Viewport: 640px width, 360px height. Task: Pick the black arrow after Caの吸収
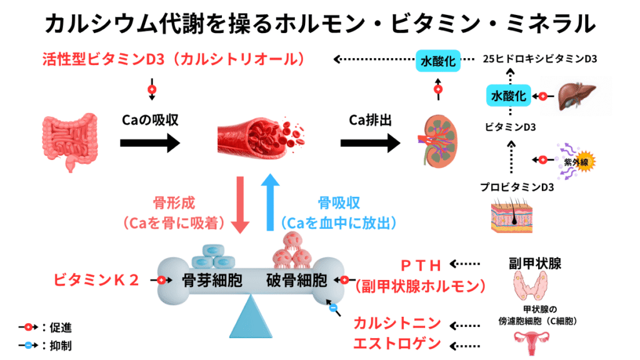[149, 142]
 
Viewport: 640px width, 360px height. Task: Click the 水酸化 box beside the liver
[509, 96]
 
